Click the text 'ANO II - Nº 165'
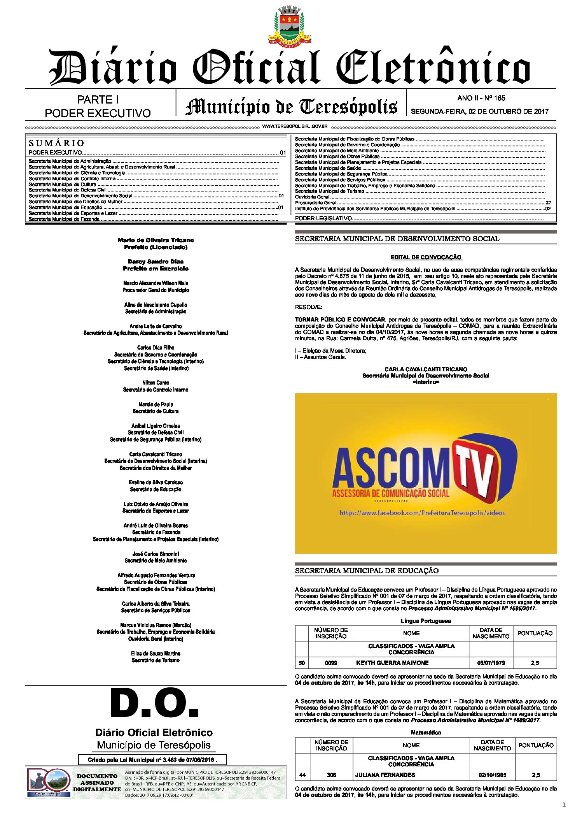point(481,98)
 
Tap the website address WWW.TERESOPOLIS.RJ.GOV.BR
point(295,126)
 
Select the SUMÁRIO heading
point(56,143)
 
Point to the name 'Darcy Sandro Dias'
point(156,262)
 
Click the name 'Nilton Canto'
point(156,383)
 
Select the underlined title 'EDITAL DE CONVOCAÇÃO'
point(426,257)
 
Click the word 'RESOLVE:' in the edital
point(308,307)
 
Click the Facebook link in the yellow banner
point(422,513)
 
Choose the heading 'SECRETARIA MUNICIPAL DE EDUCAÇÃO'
point(367,571)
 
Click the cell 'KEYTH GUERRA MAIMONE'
point(392,663)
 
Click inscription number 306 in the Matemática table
point(331,775)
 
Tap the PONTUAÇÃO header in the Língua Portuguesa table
point(535,633)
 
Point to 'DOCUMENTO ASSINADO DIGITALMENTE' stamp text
point(97,783)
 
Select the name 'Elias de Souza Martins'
point(156,654)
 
